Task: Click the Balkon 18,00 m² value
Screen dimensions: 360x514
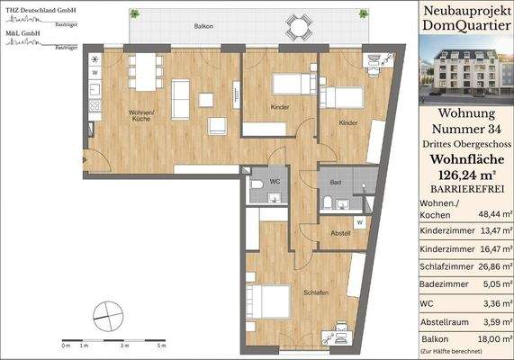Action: (x=490, y=338)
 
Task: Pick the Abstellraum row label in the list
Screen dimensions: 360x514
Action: (x=448, y=320)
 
